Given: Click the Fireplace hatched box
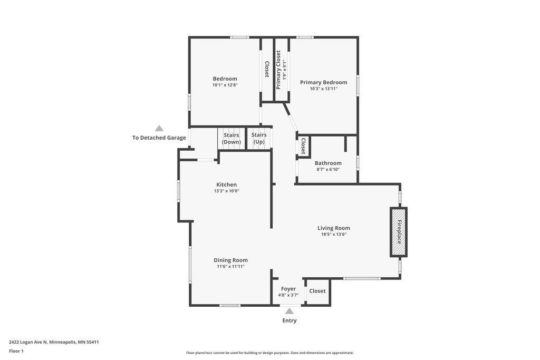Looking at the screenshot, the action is tap(399, 232).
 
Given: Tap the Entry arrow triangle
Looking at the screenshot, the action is tap(290, 311).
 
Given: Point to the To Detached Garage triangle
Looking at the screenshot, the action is tap(159, 129).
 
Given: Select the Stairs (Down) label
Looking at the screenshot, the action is tap(232, 139).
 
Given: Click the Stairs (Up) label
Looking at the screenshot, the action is tap(259, 139).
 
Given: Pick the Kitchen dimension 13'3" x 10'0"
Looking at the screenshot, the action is tap(227, 191).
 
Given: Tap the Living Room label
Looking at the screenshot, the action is tap(334, 228).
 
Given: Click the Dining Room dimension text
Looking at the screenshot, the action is tap(231, 266).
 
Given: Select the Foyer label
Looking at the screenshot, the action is tap(288, 289).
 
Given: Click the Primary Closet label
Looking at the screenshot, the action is tap(278, 70).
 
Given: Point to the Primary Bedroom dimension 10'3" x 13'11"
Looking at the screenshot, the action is tap(324, 89).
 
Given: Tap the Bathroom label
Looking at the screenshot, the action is tap(328, 163).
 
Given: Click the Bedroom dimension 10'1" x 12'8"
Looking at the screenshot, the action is tap(225, 85).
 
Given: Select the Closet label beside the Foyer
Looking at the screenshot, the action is tap(317, 291).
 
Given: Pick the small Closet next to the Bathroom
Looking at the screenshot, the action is tap(303, 146).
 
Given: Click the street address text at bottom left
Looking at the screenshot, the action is tap(54, 342).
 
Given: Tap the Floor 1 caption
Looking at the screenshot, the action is tap(16, 352).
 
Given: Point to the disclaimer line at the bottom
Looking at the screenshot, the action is tap(270, 353).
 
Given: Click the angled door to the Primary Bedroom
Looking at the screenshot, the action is tap(291, 117).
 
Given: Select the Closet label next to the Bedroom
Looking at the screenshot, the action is tap(267, 69).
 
